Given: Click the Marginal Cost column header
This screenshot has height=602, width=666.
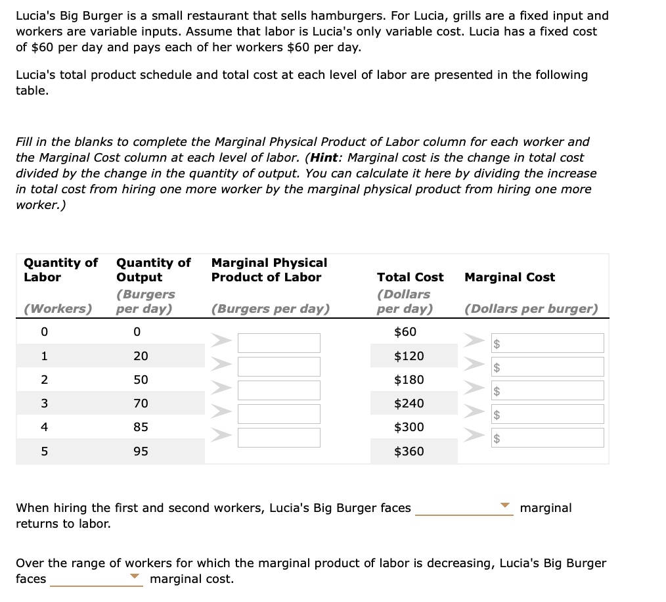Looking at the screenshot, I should [x=510, y=277].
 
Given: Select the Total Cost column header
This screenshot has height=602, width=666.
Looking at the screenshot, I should [x=410, y=277].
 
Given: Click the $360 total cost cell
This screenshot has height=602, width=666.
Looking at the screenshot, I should [x=409, y=451].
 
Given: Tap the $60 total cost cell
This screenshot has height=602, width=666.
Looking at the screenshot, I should [x=405, y=333].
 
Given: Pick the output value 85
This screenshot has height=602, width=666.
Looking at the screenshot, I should [x=141, y=427].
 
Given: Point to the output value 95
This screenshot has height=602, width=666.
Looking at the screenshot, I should [x=141, y=451].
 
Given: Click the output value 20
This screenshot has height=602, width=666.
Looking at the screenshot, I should [x=141, y=356].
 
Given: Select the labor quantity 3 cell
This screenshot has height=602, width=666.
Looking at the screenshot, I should [x=44, y=404].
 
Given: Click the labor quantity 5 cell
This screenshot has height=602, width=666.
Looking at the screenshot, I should [x=44, y=451].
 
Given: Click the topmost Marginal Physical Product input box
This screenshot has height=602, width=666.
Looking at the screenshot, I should [x=279, y=343].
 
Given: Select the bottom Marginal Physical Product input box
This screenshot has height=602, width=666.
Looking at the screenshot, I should [x=279, y=438].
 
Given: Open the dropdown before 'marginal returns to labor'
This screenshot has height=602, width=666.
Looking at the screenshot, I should [x=464, y=508].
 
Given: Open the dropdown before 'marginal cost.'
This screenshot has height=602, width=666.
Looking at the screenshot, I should [x=97, y=579].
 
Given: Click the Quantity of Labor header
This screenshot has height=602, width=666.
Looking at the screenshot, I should [x=60, y=270].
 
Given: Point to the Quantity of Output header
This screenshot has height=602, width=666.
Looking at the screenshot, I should [x=153, y=270].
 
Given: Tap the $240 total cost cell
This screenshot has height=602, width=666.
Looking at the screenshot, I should [x=409, y=404].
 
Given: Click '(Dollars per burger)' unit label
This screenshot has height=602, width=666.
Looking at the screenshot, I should [x=531, y=309].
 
